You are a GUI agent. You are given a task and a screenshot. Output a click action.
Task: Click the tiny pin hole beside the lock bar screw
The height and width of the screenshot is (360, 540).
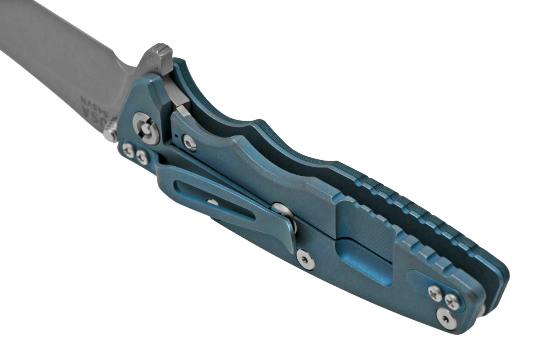(175, 136)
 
